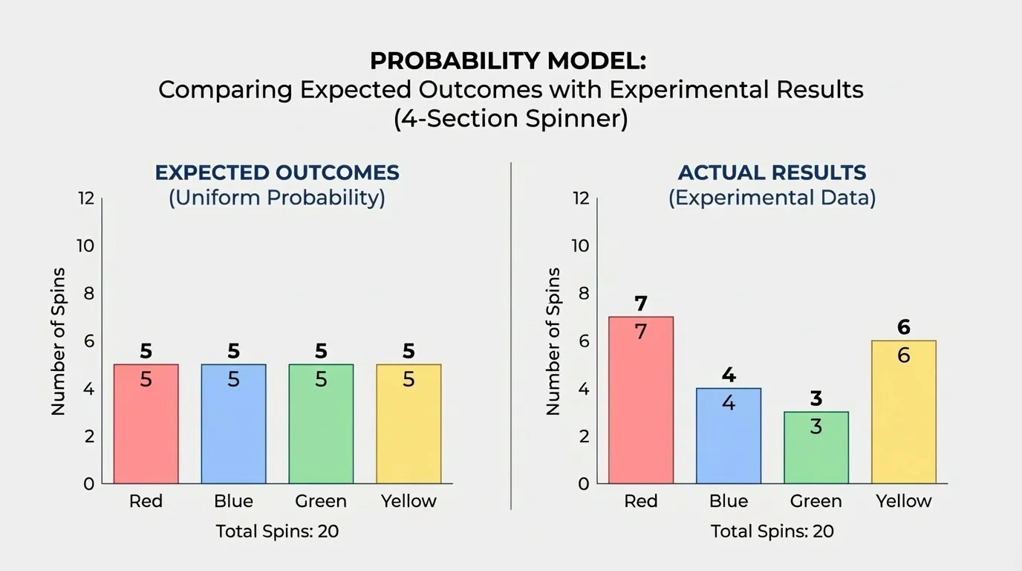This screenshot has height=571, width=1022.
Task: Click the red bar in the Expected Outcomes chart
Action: point(146,424)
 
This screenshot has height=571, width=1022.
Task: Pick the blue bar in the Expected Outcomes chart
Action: point(233,424)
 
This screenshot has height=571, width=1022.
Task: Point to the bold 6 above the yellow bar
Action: point(903,327)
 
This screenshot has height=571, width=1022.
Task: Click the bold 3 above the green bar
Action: point(816,399)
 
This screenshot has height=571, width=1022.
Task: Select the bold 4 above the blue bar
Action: point(729,375)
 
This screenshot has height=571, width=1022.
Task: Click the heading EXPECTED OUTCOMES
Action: point(277,172)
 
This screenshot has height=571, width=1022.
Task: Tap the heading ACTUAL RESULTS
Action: point(772,172)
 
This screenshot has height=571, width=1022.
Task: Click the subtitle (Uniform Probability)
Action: point(277,199)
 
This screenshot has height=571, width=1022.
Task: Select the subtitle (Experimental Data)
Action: point(772,199)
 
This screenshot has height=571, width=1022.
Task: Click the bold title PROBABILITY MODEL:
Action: point(509,61)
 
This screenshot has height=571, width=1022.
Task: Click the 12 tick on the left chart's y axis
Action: point(85,199)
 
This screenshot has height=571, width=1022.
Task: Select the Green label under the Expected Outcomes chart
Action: point(321,501)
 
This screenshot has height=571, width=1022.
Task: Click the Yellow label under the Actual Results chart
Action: point(903,501)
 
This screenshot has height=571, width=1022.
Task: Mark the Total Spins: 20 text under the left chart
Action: point(277,532)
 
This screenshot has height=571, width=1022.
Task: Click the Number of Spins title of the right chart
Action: point(553,341)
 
